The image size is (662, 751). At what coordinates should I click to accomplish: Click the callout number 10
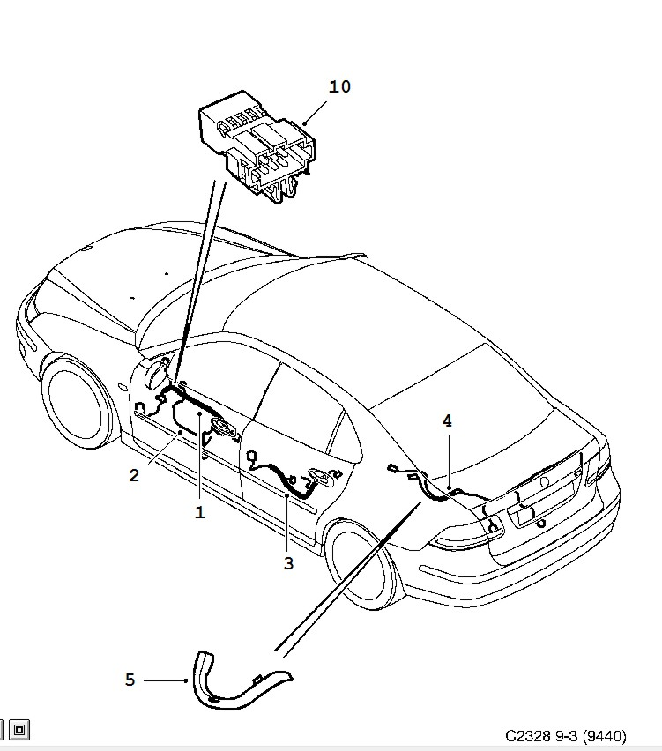[339, 86]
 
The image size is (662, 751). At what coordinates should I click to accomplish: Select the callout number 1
[200, 512]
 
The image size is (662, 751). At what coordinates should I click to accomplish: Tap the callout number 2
[134, 476]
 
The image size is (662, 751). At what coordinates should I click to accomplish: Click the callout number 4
[447, 421]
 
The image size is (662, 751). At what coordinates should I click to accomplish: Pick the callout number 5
[130, 680]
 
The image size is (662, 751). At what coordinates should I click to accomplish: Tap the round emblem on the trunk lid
[544, 482]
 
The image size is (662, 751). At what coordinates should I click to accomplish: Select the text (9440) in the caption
[602, 734]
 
